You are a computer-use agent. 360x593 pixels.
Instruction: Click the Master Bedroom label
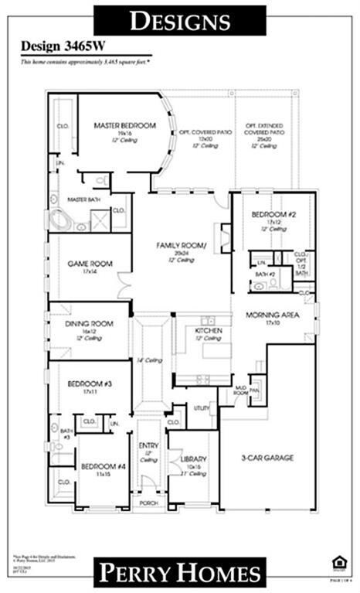125,125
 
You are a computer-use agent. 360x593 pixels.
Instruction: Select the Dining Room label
88,325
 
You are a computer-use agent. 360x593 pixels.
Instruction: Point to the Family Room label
182,245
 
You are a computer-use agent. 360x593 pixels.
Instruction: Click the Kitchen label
209,330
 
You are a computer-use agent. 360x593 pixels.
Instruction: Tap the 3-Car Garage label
267,458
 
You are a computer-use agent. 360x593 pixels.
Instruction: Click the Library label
193,459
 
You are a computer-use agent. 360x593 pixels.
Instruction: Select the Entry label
148,446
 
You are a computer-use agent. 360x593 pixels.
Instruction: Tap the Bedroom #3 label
85,383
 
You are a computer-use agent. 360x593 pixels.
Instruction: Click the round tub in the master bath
60,219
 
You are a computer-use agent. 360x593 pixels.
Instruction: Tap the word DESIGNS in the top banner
179,21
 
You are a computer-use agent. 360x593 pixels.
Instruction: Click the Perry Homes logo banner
179,572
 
